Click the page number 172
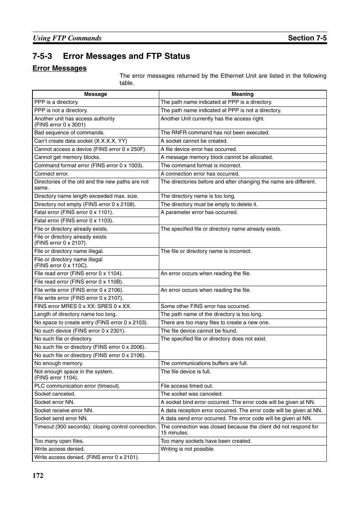[38, 475]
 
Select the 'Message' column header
[95, 94]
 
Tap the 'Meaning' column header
[242, 94]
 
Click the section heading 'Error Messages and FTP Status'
[126, 56]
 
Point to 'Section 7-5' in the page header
[307, 38]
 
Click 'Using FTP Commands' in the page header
[67, 38]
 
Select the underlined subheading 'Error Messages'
[60, 68]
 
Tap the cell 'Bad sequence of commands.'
[69, 133]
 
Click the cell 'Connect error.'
[51, 174]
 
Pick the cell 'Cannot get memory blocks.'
[67, 157]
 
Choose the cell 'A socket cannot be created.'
[194, 141]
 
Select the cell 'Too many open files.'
[59, 441]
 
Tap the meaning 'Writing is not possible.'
[188, 449]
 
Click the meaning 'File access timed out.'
[187, 386]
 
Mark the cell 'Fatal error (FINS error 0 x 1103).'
[74, 220]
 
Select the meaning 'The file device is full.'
[186, 371]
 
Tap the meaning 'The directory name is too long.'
[198, 196]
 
